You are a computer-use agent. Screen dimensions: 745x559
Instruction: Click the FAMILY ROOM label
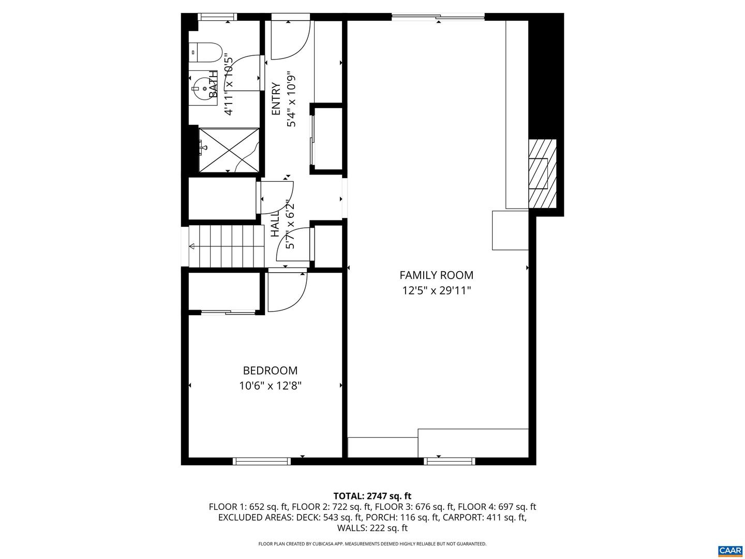(436, 275)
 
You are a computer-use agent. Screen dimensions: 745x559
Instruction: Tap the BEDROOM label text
(270, 370)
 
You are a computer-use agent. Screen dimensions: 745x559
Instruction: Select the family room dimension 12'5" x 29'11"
(437, 291)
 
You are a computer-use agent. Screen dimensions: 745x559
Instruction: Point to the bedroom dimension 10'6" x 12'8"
(270, 386)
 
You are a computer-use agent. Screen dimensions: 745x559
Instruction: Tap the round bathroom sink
(205, 89)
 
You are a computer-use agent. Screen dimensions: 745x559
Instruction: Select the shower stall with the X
(229, 150)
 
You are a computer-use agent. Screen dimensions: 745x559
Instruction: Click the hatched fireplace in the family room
(542, 173)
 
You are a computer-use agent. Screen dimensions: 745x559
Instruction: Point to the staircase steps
(227, 246)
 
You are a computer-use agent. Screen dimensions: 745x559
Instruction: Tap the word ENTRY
(276, 99)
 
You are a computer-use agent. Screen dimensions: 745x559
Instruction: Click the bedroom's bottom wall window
(262, 461)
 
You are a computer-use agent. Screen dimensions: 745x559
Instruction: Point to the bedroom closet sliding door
(228, 312)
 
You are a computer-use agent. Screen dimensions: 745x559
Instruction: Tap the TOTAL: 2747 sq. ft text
(373, 496)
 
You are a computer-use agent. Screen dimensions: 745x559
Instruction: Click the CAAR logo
(731, 550)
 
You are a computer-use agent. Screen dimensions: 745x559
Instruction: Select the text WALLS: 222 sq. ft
(373, 528)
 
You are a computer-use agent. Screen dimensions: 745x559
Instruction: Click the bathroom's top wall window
(217, 17)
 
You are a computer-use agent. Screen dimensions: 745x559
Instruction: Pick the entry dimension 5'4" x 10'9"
(292, 99)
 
